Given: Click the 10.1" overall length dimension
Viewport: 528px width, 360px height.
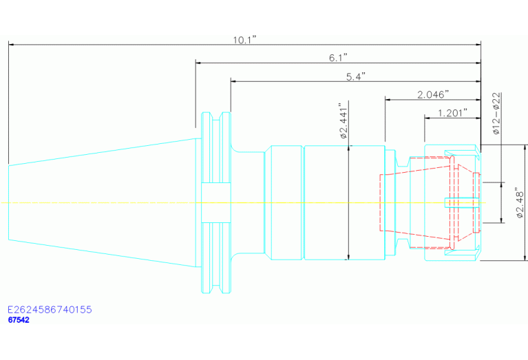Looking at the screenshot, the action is point(245,40).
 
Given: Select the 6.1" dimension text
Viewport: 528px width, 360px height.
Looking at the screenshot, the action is point(338,58).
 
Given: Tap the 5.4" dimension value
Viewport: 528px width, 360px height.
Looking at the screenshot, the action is point(356,77).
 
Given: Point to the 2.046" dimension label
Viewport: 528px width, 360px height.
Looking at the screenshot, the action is point(434,94).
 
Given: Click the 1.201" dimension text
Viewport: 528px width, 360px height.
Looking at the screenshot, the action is point(452,113).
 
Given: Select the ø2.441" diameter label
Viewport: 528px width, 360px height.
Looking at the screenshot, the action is point(343,121).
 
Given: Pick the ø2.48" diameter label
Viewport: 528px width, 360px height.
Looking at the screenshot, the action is point(520,204).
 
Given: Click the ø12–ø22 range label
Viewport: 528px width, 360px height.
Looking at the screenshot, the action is point(496,114).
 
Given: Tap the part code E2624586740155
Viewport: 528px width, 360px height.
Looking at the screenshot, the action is point(50,310).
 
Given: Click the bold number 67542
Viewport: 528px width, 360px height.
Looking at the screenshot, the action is point(19,320).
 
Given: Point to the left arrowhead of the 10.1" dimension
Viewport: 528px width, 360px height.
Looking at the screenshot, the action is point(11,44).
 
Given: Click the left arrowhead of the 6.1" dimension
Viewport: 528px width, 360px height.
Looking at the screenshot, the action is point(198,63).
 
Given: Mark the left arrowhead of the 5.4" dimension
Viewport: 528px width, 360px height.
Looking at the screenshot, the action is point(233,81).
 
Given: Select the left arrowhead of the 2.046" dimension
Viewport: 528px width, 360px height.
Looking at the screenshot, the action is point(388,100).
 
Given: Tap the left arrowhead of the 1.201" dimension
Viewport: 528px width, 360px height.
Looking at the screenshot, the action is point(427,118).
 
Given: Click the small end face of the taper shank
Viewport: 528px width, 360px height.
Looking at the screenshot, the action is point(8,202).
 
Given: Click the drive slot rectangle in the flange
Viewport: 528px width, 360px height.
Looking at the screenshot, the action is point(216,203).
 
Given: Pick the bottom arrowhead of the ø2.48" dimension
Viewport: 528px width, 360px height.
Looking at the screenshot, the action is point(525,257).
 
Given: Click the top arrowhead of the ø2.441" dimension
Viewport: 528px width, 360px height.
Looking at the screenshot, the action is point(348,148).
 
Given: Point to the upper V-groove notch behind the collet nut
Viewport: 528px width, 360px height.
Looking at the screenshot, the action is point(402,161).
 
